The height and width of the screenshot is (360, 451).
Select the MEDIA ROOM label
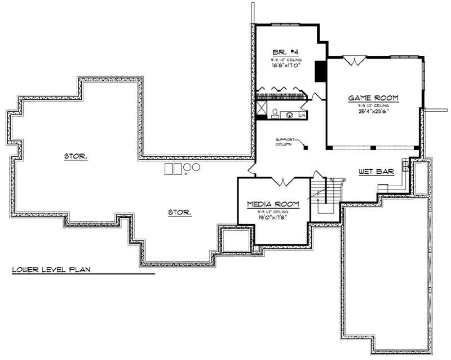273,204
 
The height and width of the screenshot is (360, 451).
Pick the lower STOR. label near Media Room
180,212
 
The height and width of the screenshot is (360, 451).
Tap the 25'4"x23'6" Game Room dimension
373,111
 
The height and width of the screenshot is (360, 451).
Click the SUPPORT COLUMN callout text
285,141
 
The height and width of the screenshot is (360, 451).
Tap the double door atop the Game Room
353,60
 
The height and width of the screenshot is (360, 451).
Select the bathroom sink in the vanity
290,115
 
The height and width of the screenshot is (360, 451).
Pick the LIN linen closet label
302,115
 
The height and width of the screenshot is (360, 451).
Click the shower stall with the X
262,108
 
